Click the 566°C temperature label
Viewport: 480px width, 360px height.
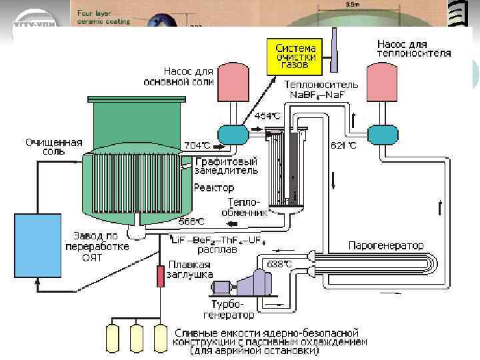(x=191, y=221)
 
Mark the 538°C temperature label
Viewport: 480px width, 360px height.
(x=278, y=264)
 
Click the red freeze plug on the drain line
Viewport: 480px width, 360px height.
(x=160, y=275)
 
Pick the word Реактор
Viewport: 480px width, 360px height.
(x=214, y=188)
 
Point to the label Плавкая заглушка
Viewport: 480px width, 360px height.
(x=190, y=269)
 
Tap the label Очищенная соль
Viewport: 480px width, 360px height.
(x=54, y=146)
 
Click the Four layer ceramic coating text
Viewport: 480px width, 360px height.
(x=103, y=17)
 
